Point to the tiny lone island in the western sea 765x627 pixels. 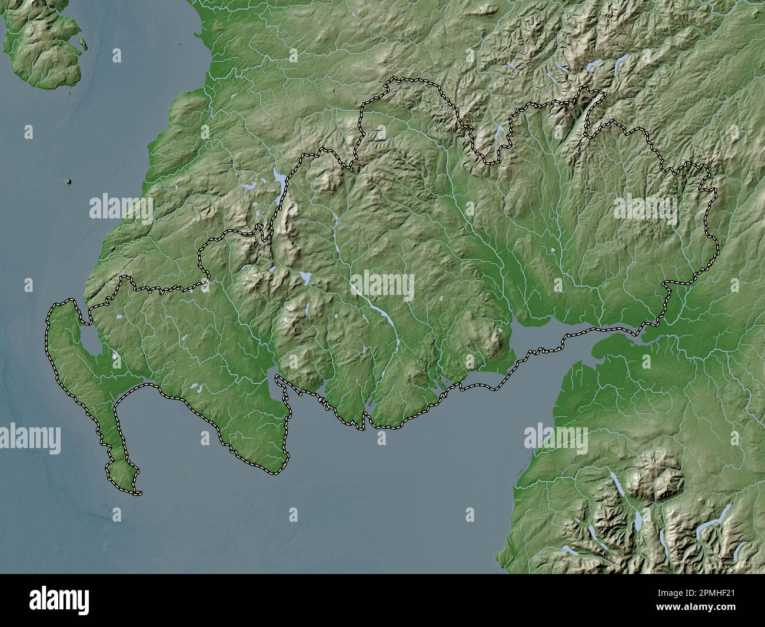click(x=69, y=181)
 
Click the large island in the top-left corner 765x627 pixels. click(x=44, y=47)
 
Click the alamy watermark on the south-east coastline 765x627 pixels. click(x=556, y=439)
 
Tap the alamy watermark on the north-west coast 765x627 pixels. click(x=121, y=208)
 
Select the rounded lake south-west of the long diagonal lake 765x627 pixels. click(x=304, y=276)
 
